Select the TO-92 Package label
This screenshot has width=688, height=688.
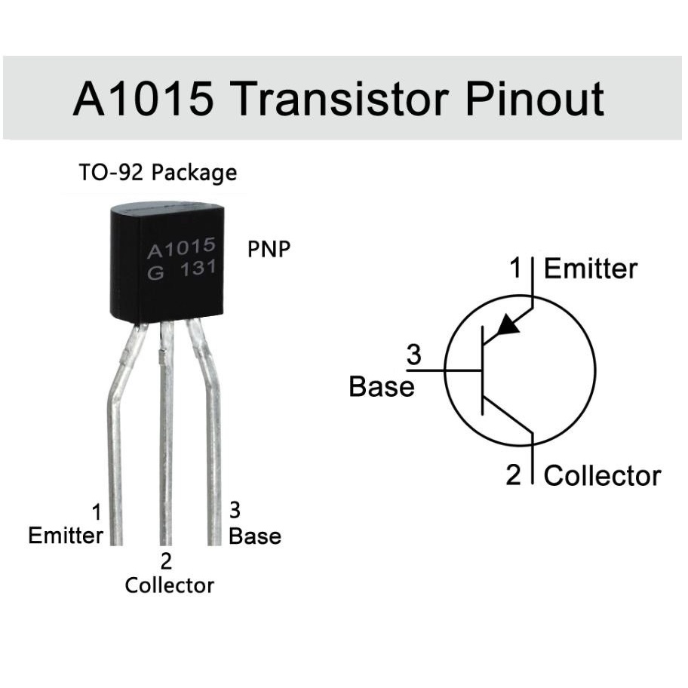pyautogui.click(x=158, y=173)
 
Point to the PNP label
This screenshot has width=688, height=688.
pyautogui.click(x=269, y=249)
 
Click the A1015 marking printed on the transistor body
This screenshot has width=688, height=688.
pyautogui.click(x=181, y=248)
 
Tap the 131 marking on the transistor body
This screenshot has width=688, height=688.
pyautogui.click(x=198, y=268)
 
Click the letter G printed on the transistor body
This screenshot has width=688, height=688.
pyautogui.click(x=155, y=273)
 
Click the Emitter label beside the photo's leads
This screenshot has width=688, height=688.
pyautogui.click(x=66, y=536)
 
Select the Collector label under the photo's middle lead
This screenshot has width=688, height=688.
pyautogui.click(x=170, y=585)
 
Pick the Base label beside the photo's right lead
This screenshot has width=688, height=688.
pyautogui.click(x=255, y=536)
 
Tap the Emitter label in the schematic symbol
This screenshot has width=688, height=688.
pyautogui.click(x=591, y=269)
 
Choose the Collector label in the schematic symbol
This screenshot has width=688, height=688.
pyautogui.click(x=602, y=475)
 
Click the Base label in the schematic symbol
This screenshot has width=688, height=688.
pyautogui.click(x=382, y=386)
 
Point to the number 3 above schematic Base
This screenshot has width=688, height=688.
pyautogui.click(x=413, y=355)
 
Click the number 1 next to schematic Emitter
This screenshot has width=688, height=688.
pyautogui.click(x=516, y=268)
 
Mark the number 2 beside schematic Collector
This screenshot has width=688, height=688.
pyautogui.click(x=514, y=475)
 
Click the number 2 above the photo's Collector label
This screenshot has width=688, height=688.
pyautogui.click(x=166, y=561)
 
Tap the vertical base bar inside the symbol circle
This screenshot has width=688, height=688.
pyautogui.click(x=483, y=370)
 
